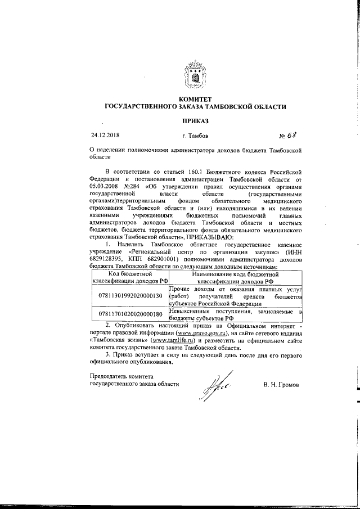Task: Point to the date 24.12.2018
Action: (105, 136)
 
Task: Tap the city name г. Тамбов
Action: (195, 136)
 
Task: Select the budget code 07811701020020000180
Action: (130, 314)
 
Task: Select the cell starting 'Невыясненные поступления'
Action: (236, 314)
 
